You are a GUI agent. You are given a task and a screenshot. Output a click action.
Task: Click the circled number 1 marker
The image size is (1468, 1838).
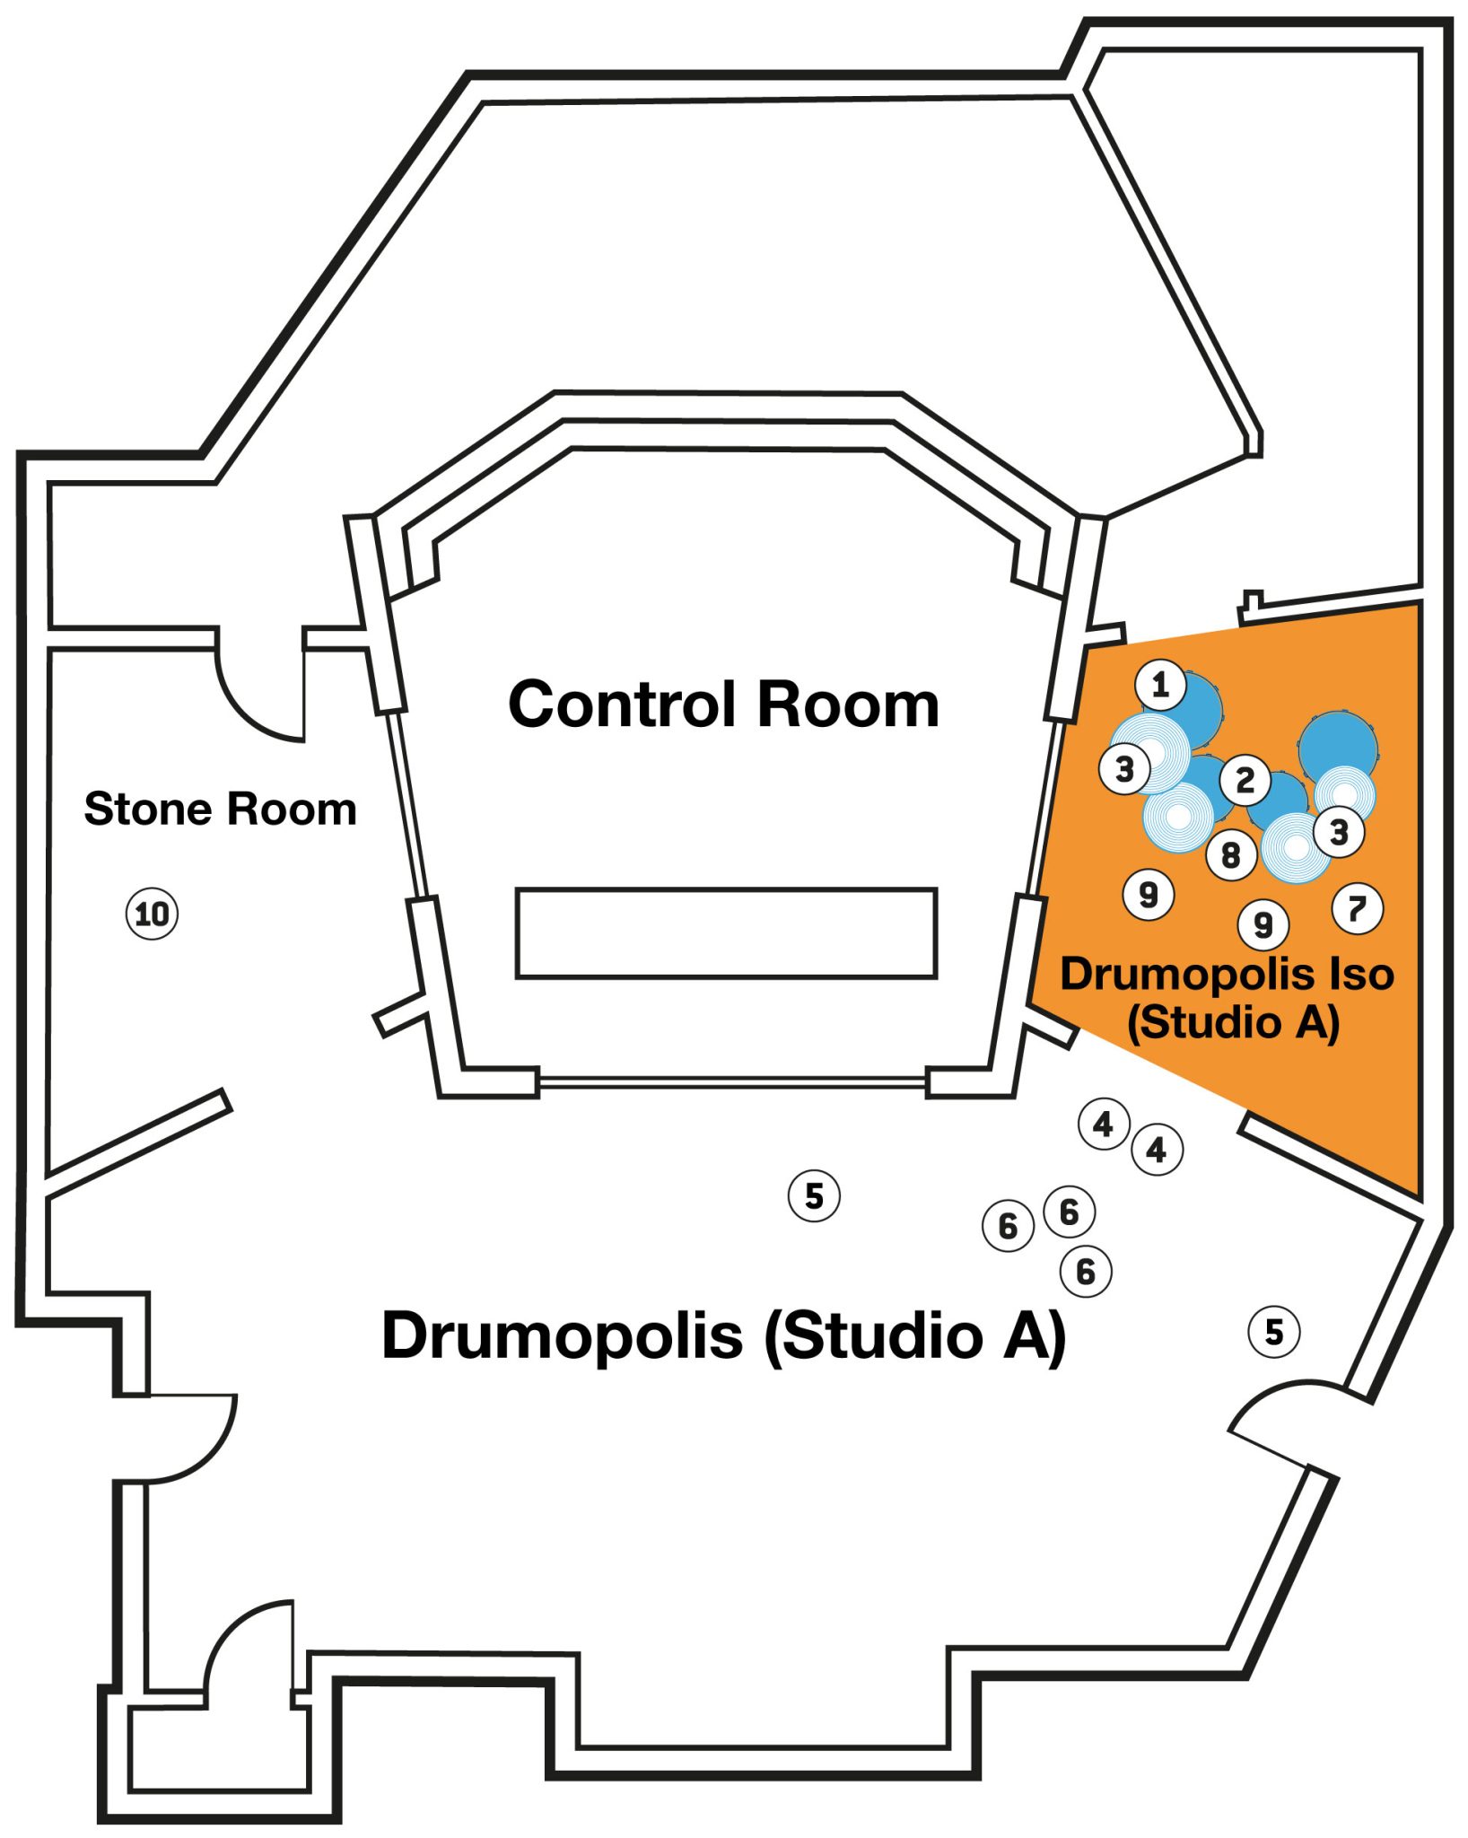click(x=1160, y=685)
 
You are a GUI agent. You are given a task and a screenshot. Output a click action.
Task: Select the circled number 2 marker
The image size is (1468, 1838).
click(x=1245, y=780)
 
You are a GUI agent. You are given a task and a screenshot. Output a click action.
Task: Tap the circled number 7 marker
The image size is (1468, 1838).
click(x=1357, y=908)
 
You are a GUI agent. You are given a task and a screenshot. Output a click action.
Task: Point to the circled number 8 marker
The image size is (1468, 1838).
click(x=1230, y=854)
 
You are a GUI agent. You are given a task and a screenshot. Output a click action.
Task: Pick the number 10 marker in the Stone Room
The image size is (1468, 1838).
click(x=152, y=914)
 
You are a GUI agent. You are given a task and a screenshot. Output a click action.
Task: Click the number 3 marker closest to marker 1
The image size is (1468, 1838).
click(x=1124, y=768)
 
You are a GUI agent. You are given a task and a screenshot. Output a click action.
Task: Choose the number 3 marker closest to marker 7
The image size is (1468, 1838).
click(x=1339, y=832)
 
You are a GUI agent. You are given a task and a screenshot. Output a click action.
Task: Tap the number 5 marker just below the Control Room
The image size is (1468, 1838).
click(x=814, y=1195)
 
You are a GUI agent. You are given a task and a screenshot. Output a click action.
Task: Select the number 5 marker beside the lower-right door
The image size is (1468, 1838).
click(x=1274, y=1331)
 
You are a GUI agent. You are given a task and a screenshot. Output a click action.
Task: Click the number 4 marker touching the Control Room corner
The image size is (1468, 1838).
click(x=1103, y=1123)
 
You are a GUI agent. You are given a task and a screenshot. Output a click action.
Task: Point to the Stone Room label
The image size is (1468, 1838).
click(x=220, y=809)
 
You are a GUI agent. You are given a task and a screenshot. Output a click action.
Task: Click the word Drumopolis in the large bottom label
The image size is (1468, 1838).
click(x=562, y=1335)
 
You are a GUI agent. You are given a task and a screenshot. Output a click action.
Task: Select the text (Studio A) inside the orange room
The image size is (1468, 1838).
click(x=1233, y=1022)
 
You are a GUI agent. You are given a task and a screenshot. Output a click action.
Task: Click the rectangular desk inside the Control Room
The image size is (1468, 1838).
click(x=726, y=932)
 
